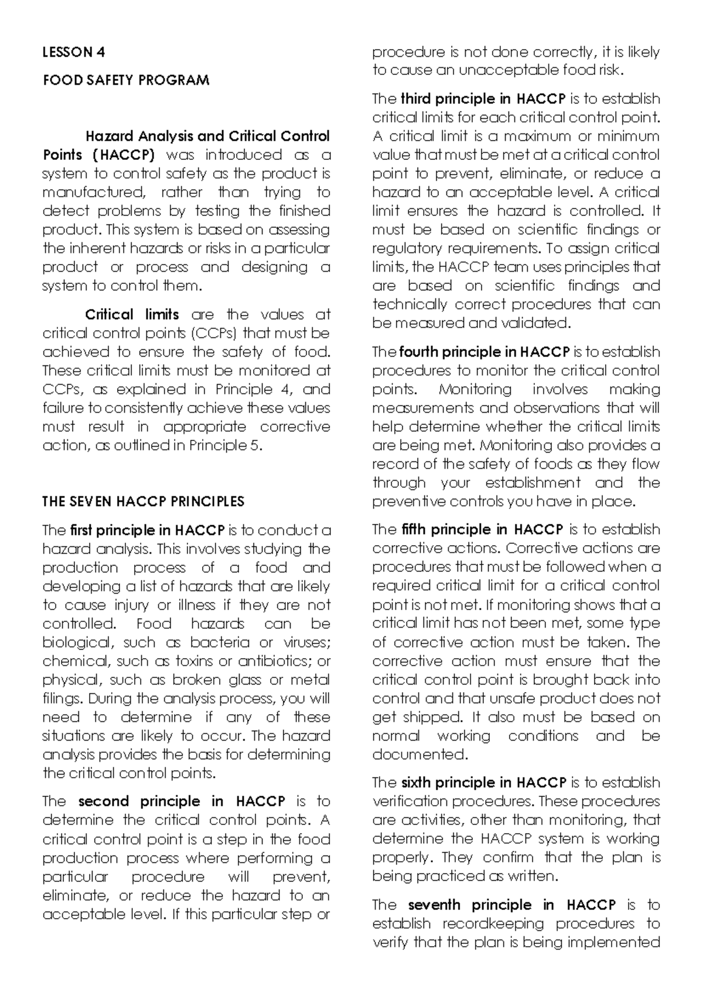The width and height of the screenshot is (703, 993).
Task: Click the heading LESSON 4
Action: click(x=73, y=52)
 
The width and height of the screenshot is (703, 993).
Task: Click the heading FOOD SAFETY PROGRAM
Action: click(x=126, y=80)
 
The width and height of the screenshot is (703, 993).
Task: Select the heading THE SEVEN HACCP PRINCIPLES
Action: click(x=143, y=502)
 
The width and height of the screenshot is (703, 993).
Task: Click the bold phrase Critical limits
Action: click(x=132, y=314)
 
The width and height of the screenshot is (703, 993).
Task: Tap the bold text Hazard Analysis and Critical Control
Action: click(x=207, y=136)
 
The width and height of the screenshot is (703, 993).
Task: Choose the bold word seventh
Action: click(x=434, y=905)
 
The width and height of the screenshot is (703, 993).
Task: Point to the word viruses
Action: click(x=307, y=642)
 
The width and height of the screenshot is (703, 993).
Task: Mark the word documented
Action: click(x=419, y=755)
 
